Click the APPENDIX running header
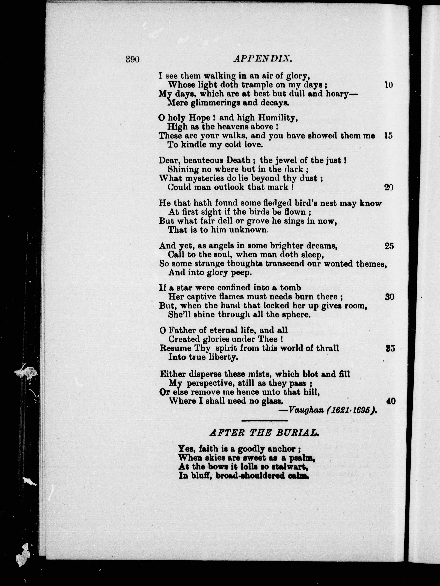(x=262, y=59)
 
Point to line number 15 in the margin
(x=388, y=136)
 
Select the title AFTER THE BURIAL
(x=264, y=433)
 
